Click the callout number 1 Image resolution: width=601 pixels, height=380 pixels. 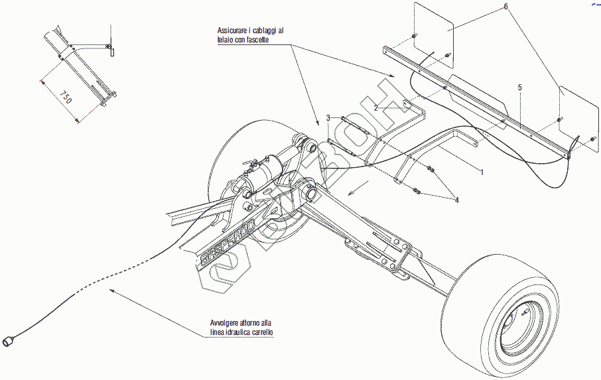tap(482, 172)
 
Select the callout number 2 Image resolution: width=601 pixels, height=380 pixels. tap(375, 107)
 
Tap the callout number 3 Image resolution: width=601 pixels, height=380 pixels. tap(328, 119)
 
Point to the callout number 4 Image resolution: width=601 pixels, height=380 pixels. tap(456, 199)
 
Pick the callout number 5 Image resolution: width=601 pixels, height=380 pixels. tap(520, 88)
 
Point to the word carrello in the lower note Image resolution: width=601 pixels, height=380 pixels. tap(261, 332)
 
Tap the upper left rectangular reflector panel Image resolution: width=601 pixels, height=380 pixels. tap(433, 27)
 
